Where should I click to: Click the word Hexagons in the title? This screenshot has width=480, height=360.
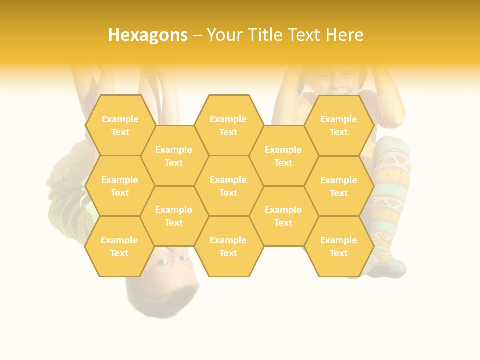pos(148,35)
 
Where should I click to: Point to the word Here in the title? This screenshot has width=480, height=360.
pos(345,35)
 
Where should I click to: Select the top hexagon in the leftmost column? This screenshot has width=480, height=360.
pos(120,125)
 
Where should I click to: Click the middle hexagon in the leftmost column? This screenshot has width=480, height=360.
pos(120,186)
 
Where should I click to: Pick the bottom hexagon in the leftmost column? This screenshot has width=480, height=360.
pos(120,246)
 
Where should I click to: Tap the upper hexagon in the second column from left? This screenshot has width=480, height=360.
pos(174,156)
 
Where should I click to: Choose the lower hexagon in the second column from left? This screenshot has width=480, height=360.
pos(174,216)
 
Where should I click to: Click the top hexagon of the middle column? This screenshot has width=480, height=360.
pos(228,125)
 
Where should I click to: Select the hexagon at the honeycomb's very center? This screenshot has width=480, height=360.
pos(228,186)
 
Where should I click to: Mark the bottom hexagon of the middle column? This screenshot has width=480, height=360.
pos(228,246)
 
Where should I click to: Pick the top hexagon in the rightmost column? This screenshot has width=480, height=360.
pos(339,125)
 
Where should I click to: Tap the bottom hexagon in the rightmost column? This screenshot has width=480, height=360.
pos(339,246)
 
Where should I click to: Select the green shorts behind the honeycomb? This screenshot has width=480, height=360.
pos(70,210)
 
